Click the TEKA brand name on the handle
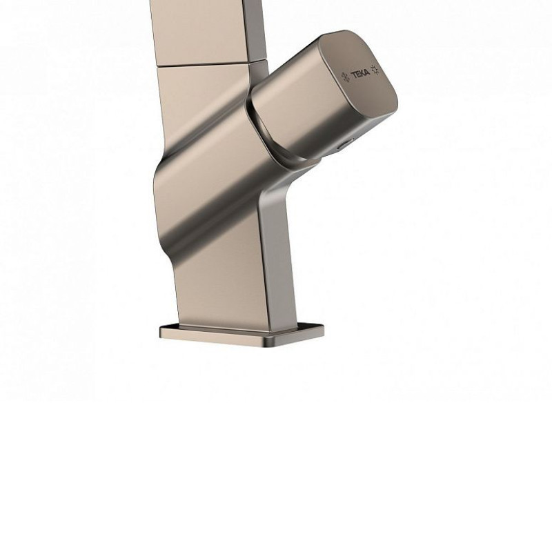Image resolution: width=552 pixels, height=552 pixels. (360, 74)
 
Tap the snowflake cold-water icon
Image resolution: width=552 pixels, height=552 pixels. (346, 77)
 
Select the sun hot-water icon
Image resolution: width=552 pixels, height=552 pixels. (375, 70)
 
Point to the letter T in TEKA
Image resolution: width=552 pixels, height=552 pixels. (353, 75)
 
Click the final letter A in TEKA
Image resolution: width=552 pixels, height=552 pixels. (367, 73)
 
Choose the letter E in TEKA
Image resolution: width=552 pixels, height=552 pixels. (357, 75)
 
